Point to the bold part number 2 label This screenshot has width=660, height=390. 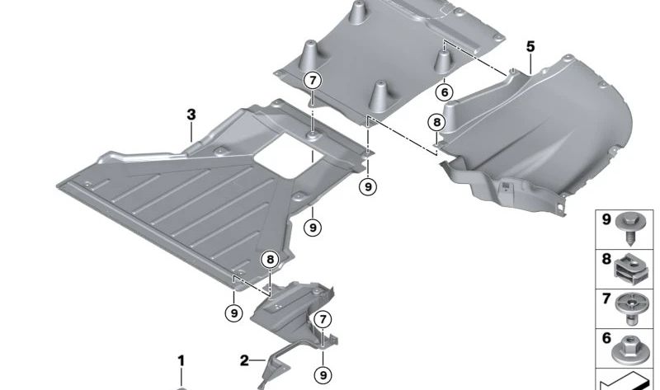click(244, 359)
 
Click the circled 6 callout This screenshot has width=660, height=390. click(445, 92)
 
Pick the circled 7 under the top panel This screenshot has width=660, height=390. click(313, 81)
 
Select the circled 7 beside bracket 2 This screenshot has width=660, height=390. click(322, 319)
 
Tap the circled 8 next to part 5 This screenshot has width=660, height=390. click(436, 124)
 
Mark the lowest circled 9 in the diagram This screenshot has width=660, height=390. click(322, 374)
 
